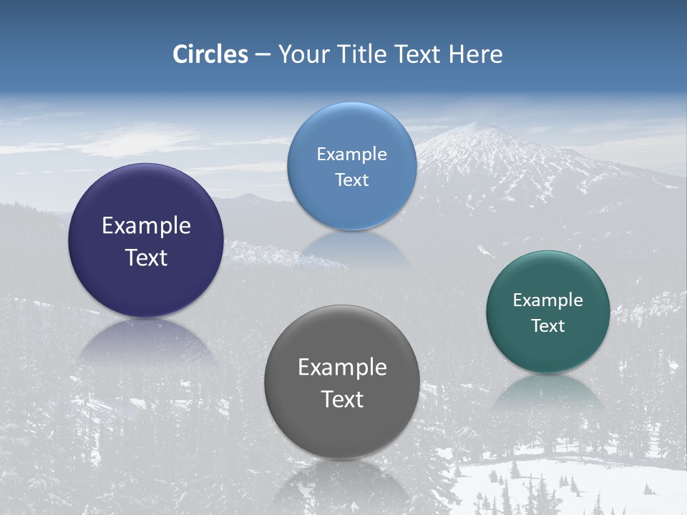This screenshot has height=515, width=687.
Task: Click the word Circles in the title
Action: [210, 54]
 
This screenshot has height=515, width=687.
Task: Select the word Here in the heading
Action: [475, 54]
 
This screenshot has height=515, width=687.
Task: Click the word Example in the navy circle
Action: [146, 226]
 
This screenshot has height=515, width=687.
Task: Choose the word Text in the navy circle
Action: [146, 257]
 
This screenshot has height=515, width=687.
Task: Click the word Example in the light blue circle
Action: [351, 154]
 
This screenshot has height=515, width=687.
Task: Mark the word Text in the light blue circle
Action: [351, 180]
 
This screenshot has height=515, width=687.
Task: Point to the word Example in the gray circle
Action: [342, 368]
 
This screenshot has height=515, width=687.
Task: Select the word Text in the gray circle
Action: [342, 399]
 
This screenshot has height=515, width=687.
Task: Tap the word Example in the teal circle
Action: [548, 300]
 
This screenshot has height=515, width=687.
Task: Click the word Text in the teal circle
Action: [548, 326]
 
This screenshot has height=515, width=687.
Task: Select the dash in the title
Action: [263, 54]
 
